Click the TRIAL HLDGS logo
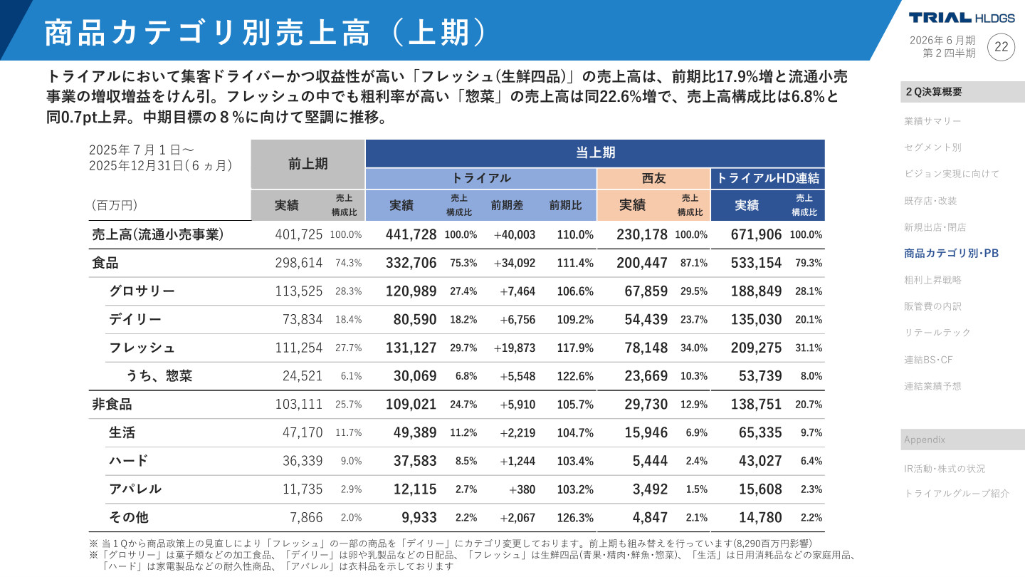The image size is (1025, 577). click(961, 18)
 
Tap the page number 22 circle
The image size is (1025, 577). click(1001, 47)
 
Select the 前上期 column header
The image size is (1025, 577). click(307, 164)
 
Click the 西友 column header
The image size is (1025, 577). click(653, 178)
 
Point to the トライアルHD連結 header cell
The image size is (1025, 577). click(767, 178)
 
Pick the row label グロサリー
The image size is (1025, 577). click(142, 291)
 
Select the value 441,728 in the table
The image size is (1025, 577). click(411, 234)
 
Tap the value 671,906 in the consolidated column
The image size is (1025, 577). click(756, 234)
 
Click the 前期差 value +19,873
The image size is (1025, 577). click(514, 348)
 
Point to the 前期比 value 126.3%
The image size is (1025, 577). click(574, 517)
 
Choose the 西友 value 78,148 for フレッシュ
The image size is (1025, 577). click(641, 348)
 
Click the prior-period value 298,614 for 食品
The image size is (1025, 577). click(298, 263)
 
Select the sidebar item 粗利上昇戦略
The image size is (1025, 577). click(932, 280)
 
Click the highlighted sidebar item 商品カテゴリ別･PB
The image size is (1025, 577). click(951, 253)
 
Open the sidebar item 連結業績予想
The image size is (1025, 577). click(932, 386)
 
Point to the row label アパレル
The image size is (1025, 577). click(135, 489)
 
